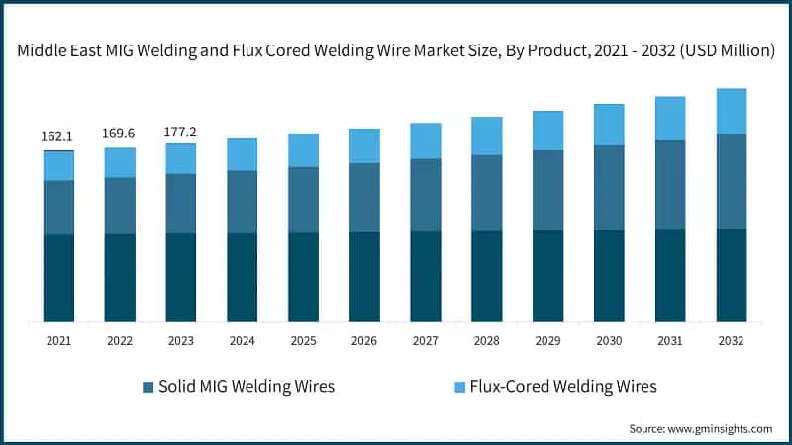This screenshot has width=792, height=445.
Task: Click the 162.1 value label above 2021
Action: (58, 136)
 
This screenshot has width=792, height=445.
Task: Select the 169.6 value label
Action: (120, 133)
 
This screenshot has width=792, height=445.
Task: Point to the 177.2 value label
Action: (181, 129)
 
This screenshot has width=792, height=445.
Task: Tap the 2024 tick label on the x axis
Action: (242, 339)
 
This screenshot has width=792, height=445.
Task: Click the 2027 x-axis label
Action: (426, 339)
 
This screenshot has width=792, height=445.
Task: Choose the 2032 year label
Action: (732, 339)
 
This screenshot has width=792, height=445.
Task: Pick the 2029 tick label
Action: (547, 339)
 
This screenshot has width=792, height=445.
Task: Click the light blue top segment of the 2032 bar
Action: (732, 111)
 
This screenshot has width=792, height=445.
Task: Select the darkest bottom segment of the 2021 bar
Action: (58, 278)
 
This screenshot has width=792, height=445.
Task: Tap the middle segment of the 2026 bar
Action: (364, 198)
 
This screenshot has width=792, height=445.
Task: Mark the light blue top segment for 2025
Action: (303, 150)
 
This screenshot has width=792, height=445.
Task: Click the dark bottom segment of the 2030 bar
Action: (609, 276)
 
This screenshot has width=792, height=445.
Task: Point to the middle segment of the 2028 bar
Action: (487, 193)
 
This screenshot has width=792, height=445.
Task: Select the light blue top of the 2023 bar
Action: (181, 158)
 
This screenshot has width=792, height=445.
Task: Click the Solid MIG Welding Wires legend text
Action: (246, 386)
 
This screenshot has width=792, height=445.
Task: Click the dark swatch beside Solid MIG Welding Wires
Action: (148, 387)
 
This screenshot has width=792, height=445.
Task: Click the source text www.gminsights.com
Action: (723, 428)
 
